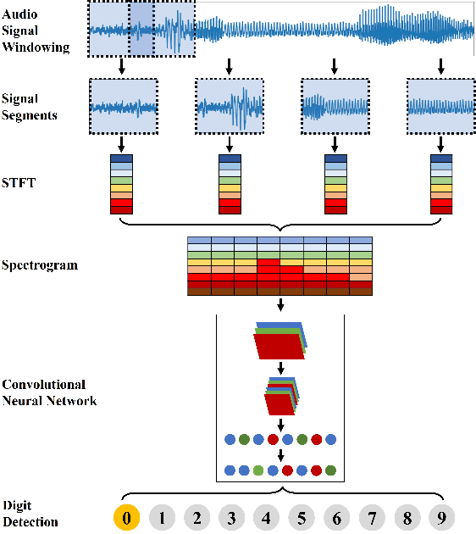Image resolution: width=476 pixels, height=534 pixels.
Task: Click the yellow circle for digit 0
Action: [125, 516]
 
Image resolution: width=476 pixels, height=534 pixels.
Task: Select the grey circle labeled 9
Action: [441, 516]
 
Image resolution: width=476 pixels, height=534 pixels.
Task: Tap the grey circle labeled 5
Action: [301, 516]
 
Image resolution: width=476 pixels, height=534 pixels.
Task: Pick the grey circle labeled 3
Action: [230, 516]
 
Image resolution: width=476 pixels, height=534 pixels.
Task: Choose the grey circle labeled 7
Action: [371, 516]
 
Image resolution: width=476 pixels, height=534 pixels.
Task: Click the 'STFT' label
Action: [19, 181]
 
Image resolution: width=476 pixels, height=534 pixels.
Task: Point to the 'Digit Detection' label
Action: [30, 514]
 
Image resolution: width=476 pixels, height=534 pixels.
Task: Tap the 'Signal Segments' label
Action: [30, 107]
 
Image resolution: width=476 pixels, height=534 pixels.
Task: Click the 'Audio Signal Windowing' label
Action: [35, 32]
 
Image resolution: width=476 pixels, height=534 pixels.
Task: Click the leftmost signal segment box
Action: [123, 107]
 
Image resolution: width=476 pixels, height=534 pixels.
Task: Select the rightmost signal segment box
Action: [440, 107]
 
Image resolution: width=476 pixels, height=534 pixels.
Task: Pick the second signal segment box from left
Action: [229, 107]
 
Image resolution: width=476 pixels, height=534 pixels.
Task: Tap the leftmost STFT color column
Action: [123, 183]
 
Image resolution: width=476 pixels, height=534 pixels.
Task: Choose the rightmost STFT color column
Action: [440, 183]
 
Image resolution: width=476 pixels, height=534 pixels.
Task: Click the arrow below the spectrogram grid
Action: [280, 304]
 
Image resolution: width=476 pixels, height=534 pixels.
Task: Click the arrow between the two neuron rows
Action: [280, 455]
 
